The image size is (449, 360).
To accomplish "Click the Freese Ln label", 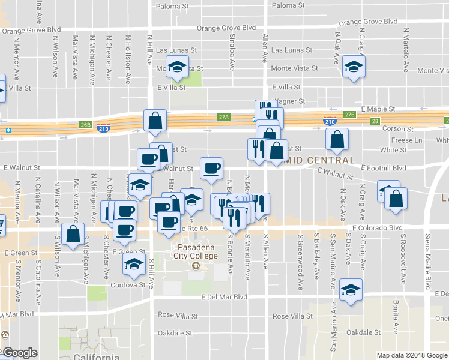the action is tap(409, 140).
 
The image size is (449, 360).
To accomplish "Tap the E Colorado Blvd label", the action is tap(377, 228).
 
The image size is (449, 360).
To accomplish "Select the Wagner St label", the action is tap(289, 101).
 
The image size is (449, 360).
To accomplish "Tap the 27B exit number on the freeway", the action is tap(350, 114).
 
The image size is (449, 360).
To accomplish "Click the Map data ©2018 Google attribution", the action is tap(412, 355).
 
